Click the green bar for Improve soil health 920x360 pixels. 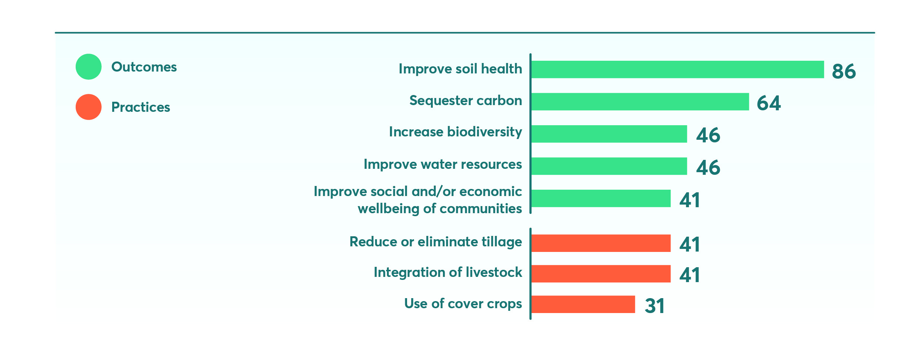[678, 69]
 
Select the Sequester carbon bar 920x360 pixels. [640, 102]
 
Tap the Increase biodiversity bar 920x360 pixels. [609, 134]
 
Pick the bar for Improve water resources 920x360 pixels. [609, 166]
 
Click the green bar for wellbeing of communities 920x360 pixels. [601, 198]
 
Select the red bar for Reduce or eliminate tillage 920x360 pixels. [601, 243]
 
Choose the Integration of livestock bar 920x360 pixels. [601, 274]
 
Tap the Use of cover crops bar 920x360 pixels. [583, 304]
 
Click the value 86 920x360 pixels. [844, 71]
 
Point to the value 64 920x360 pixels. [769, 103]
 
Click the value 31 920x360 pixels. [655, 306]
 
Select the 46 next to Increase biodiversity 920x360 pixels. [708, 135]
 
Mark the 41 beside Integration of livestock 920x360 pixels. [690, 275]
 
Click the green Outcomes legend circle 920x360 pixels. [89, 67]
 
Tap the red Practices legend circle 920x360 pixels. [89, 107]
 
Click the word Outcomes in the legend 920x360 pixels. [144, 67]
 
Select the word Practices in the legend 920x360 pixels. [141, 107]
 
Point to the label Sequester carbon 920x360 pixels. [466, 101]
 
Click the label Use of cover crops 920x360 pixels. [463, 304]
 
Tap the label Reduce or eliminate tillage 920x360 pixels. [436, 242]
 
